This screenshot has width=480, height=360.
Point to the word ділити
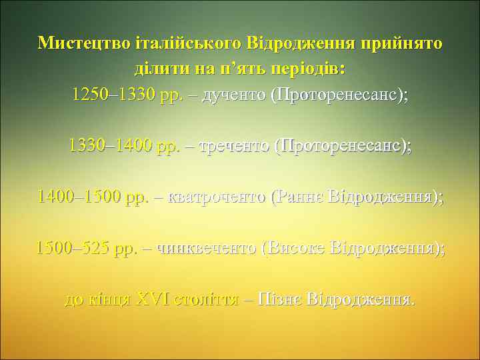tap(157, 69)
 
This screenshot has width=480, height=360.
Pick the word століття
tap(206, 299)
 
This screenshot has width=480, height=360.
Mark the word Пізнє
tap(279, 299)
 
